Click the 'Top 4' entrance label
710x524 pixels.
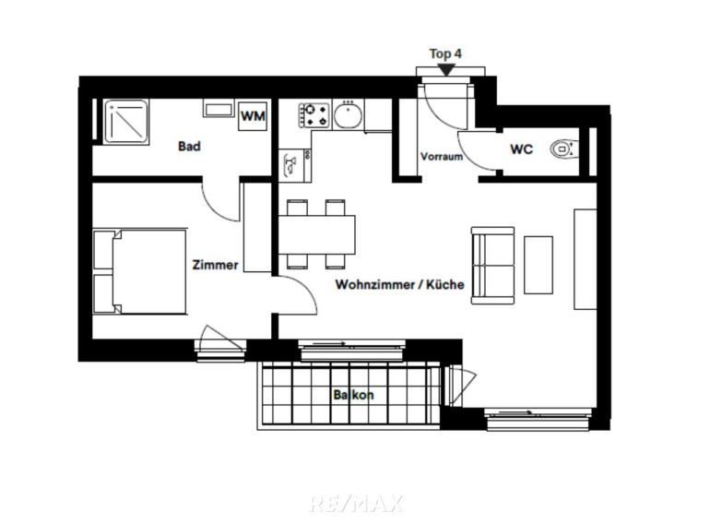pyautogui.click(x=445, y=54)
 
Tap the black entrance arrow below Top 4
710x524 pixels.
pyautogui.click(x=446, y=70)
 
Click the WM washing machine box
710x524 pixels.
pyautogui.click(x=254, y=116)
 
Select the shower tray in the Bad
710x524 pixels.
pyautogui.click(x=126, y=122)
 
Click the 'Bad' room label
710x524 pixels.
pyautogui.click(x=189, y=147)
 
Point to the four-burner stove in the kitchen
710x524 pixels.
pyautogui.click(x=314, y=115)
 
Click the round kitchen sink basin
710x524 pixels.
pyautogui.click(x=348, y=115)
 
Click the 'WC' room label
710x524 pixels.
pyautogui.click(x=522, y=149)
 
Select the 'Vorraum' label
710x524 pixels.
pyautogui.click(x=442, y=157)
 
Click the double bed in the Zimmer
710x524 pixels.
pyautogui.click(x=139, y=272)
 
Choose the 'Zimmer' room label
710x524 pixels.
pyautogui.click(x=215, y=265)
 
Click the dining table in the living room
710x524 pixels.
pyautogui.click(x=316, y=234)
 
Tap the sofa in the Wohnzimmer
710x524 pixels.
pyautogui.click(x=492, y=266)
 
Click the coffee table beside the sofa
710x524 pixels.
pyautogui.click(x=538, y=265)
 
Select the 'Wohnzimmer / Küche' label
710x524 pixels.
pyautogui.click(x=400, y=284)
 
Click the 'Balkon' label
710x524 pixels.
pyautogui.click(x=354, y=395)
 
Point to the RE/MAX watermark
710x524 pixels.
pyautogui.click(x=356, y=504)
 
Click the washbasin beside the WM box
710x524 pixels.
pyautogui.click(x=219, y=109)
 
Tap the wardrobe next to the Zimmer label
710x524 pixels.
pyautogui.click(x=257, y=227)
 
